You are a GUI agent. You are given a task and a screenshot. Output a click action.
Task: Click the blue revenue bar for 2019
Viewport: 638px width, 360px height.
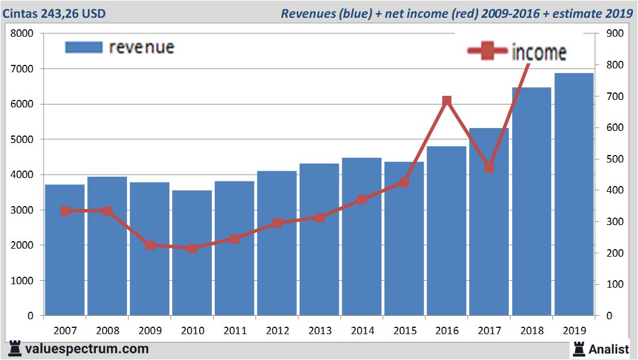click(x=574, y=195)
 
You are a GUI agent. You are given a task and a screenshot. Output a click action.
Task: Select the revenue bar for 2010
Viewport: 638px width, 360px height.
click(x=192, y=253)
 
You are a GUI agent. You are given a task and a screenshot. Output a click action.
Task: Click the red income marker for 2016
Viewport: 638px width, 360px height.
click(x=447, y=101)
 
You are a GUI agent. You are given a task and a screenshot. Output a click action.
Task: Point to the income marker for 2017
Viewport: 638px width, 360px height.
click(x=489, y=168)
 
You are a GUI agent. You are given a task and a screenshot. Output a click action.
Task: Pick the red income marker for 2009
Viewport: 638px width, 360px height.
click(x=150, y=245)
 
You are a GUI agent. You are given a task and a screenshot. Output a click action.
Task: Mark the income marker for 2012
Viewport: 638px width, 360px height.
click(x=277, y=223)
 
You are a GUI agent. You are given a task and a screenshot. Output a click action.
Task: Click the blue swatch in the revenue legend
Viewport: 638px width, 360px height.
click(x=83, y=47)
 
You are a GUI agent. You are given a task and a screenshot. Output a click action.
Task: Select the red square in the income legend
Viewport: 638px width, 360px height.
click(x=488, y=52)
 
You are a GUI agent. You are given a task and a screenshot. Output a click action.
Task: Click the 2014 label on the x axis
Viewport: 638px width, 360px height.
click(x=362, y=331)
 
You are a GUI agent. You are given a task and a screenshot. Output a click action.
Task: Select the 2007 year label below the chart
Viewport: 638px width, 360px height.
click(x=64, y=331)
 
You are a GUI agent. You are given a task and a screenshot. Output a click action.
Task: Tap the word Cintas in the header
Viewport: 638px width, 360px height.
click(x=20, y=13)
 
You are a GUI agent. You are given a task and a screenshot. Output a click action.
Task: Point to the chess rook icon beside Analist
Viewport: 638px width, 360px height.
click(x=578, y=349)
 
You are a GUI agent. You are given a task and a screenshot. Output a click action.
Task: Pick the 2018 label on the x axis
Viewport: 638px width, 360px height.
click(x=531, y=331)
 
